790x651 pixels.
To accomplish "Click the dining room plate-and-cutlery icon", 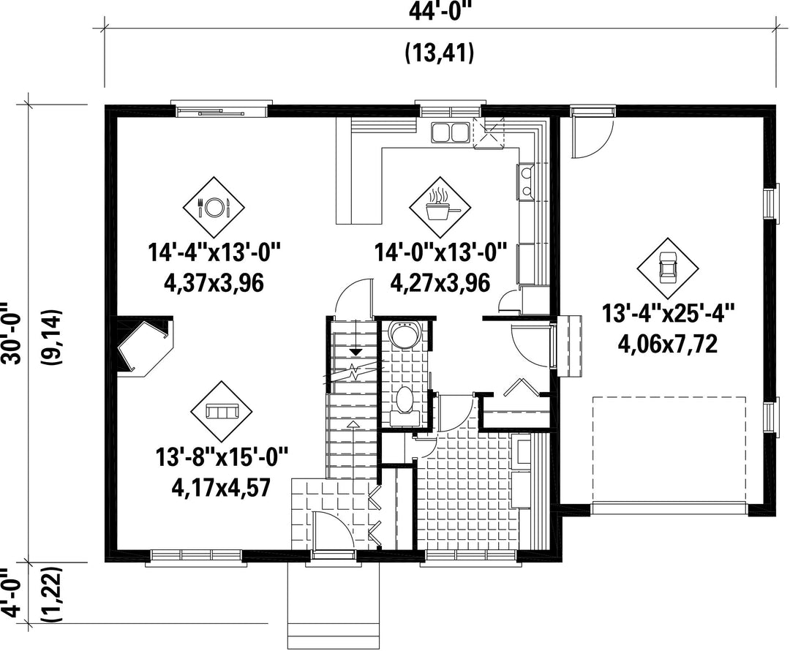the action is point(213,206).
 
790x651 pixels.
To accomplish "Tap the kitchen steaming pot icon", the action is point(441,206).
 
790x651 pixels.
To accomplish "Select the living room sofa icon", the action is point(221,412).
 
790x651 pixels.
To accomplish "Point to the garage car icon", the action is point(668,268).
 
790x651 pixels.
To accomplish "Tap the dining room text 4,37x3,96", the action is point(214,283).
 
